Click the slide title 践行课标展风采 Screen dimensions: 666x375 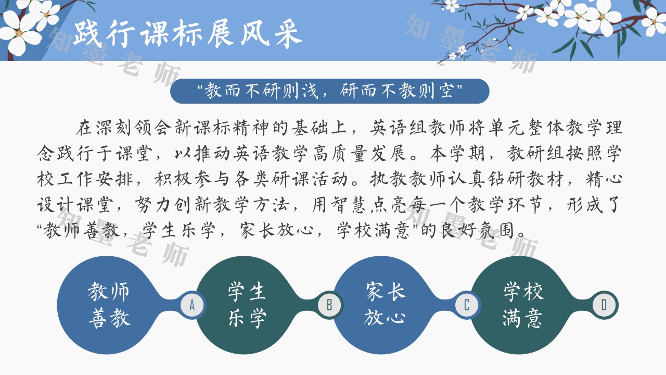click(x=188, y=33)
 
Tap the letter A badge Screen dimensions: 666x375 click(x=192, y=305)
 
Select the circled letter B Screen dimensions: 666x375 click(x=329, y=305)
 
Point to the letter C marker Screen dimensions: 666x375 click(x=467, y=305)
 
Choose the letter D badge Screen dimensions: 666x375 click(x=604, y=305)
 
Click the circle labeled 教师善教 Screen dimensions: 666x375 click(x=109, y=305)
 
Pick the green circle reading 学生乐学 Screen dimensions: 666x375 click(x=247, y=305)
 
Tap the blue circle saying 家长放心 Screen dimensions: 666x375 click(x=385, y=305)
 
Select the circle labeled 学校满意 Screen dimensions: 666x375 click(x=522, y=305)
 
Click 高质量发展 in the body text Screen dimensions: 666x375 click(x=360, y=154)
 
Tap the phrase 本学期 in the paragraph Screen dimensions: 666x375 click(x=457, y=154)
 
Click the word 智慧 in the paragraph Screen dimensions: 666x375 click(x=350, y=205)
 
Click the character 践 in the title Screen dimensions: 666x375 click(x=87, y=33)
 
